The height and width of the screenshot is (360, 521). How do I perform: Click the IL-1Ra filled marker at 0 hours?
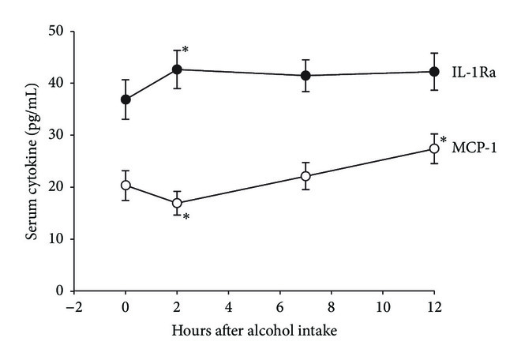click(126, 99)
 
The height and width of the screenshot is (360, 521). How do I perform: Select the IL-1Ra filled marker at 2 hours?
click(177, 69)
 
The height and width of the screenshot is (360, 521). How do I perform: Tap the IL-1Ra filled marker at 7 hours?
click(305, 76)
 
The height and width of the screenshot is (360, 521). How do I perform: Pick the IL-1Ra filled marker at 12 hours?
click(433, 72)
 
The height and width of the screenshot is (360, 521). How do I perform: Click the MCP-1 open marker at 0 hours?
click(126, 185)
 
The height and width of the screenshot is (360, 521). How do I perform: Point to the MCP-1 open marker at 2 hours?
click(177, 203)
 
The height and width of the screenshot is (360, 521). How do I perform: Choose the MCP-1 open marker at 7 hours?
click(305, 176)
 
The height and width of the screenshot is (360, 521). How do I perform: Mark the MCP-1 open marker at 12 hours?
click(433, 148)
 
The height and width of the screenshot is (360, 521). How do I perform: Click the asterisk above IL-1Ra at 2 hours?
click(186, 51)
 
